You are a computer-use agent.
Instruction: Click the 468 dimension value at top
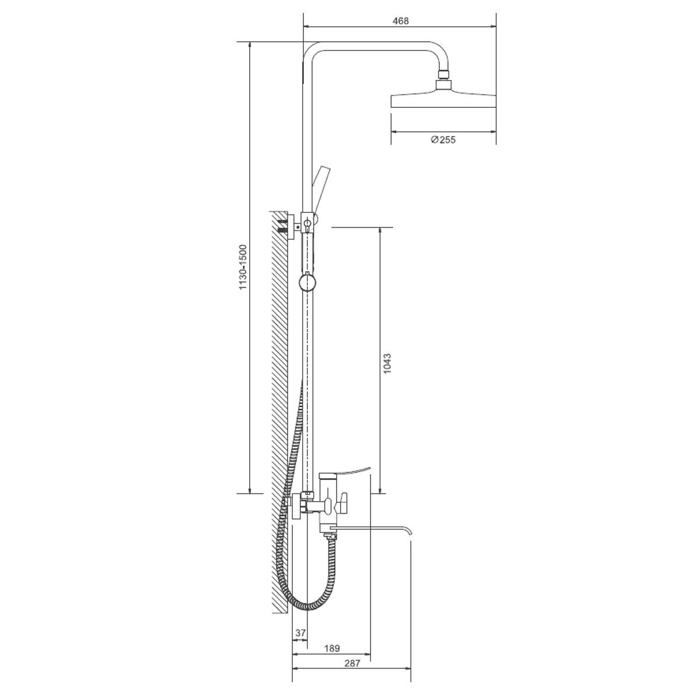(x=400, y=20)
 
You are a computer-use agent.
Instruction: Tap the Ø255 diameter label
(x=443, y=139)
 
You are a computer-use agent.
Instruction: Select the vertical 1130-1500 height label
(x=243, y=267)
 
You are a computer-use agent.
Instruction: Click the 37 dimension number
(x=300, y=632)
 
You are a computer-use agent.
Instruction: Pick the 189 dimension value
(x=332, y=648)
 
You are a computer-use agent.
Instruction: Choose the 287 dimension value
(x=352, y=663)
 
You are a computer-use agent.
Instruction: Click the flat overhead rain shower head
(x=443, y=100)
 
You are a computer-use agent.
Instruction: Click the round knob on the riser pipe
(x=307, y=283)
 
